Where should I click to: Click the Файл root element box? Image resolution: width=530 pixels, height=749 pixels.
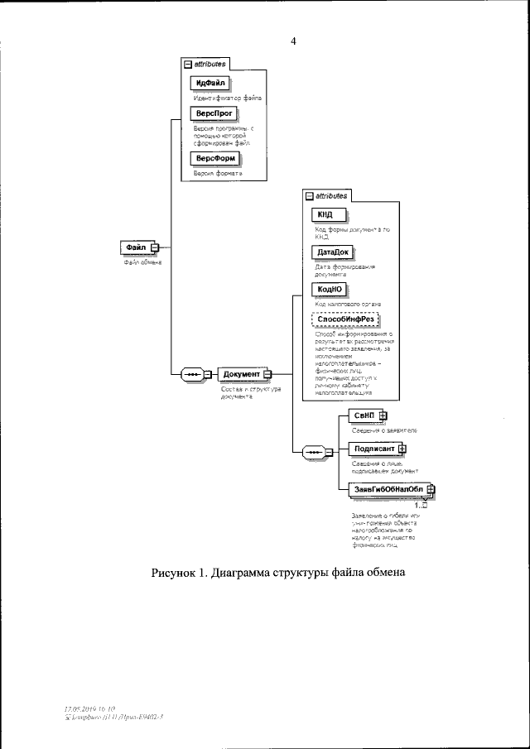136,247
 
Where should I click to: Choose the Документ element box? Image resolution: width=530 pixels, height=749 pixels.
242,374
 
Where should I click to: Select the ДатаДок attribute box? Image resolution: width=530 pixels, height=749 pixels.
330,252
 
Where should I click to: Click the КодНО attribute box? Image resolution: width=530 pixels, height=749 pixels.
326,289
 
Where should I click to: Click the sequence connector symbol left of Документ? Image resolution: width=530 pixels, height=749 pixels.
193,374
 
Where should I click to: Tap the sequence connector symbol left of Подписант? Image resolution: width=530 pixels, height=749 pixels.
316,451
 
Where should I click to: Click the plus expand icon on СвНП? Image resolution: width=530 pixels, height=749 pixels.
383,415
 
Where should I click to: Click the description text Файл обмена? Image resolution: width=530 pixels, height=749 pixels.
142,262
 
